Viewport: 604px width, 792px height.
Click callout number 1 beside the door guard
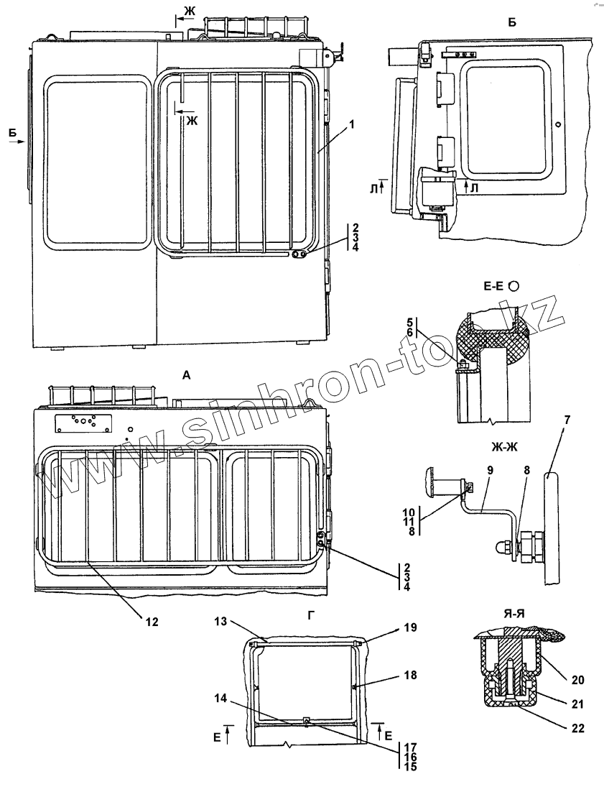click(x=353, y=124)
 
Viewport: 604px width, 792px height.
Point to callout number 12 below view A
click(x=152, y=620)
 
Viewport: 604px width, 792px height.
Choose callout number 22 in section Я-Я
click(x=578, y=728)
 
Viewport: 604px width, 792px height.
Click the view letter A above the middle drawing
click(x=187, y=374)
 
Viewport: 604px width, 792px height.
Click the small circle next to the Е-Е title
click(x=514, y=285)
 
